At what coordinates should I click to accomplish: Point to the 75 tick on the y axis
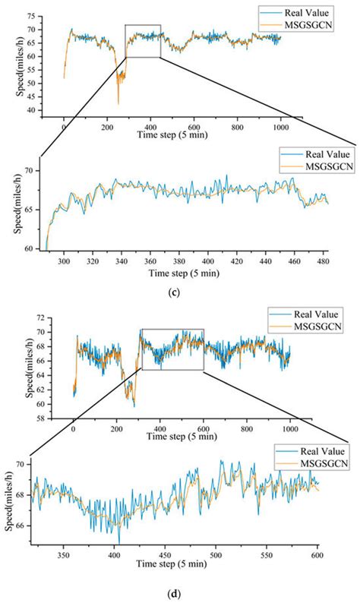coord(43,15)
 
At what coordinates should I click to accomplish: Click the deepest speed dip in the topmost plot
coord(118,103)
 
